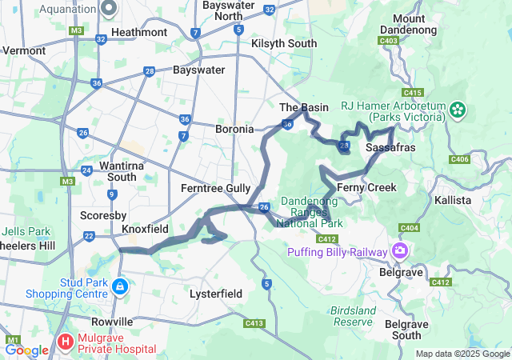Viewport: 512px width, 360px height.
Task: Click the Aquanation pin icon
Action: [110, 8]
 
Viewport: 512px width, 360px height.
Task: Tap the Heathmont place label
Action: [139, 32]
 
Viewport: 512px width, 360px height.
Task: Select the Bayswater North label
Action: [223, 10]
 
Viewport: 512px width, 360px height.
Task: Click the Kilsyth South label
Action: [284, 43]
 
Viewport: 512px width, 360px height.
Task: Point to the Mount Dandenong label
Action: [408, 23]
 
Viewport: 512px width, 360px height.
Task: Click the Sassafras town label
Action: [389, 148]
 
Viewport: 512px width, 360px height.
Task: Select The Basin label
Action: [304, 107]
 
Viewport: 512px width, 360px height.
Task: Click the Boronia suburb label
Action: [234, 128]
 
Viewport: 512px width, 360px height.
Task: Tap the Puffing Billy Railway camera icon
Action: [399, 251]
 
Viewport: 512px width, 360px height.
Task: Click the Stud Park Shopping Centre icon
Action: [119, 286]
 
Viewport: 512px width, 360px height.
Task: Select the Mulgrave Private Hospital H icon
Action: [65, 343]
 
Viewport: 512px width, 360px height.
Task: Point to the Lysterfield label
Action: [216, 294]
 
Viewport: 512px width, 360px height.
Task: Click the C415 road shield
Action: [414, 93]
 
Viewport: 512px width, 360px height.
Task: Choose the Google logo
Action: [26, 350]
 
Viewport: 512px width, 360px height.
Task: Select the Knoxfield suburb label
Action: [145, 229]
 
